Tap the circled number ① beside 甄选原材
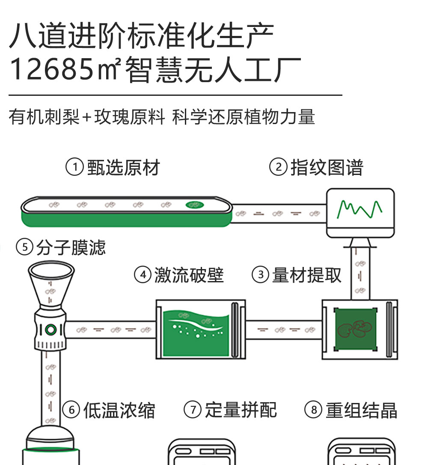74,167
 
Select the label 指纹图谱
327,167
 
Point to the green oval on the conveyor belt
194,205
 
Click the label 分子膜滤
71,247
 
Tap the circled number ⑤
24,247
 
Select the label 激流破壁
189,275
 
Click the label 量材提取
307,275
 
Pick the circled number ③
260,275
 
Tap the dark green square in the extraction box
355,329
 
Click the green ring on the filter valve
51,329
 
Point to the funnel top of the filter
51,270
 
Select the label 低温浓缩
119,410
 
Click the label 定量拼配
241,410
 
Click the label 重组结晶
361,410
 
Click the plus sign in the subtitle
87,117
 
